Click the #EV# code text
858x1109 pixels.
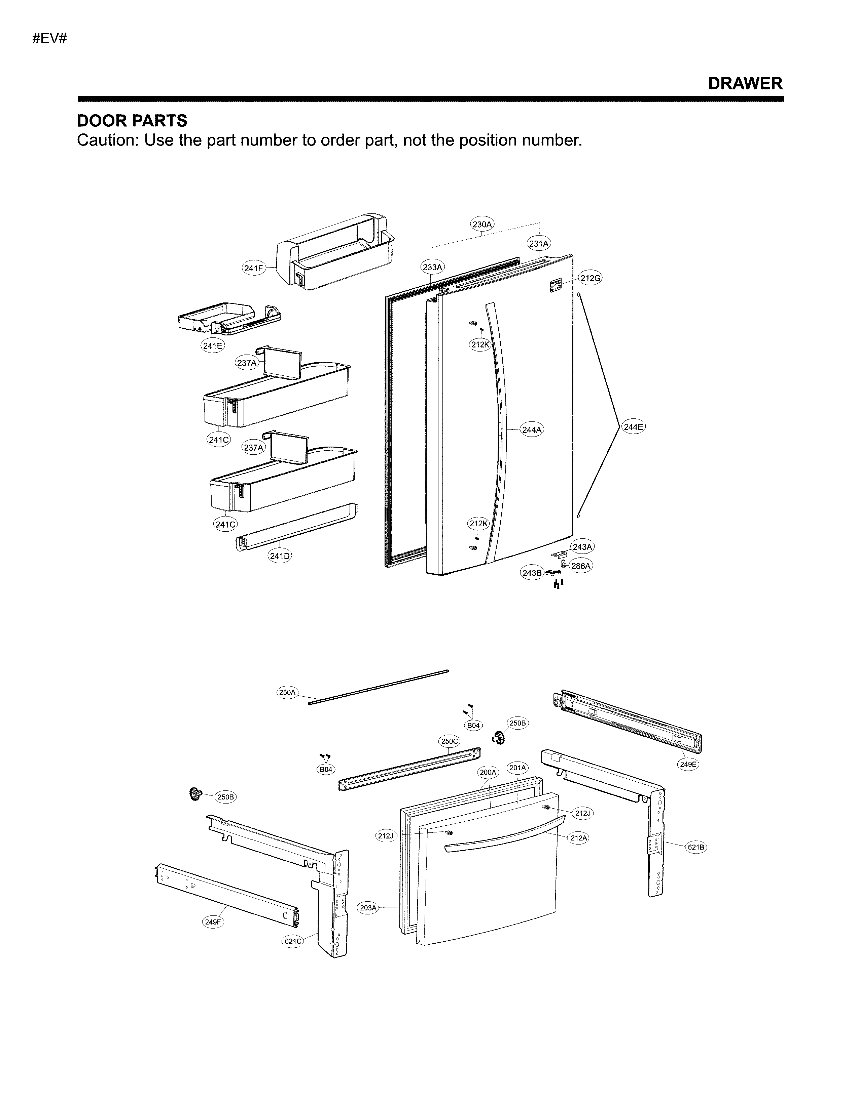(x=50, y=39)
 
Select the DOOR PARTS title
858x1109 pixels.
(x=132, y=121)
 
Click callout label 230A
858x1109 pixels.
(x=482, y=224)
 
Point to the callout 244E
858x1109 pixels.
(x=633, y=427)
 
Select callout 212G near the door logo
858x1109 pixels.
(x=590, y=278)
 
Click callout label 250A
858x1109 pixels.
(x=287, y=692)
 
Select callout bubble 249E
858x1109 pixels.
(x=688, y=764)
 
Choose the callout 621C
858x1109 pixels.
(x=293, y=941)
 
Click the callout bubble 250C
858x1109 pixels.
(x=449, y=741)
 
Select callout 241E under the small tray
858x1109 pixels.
(x=212, y=346)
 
